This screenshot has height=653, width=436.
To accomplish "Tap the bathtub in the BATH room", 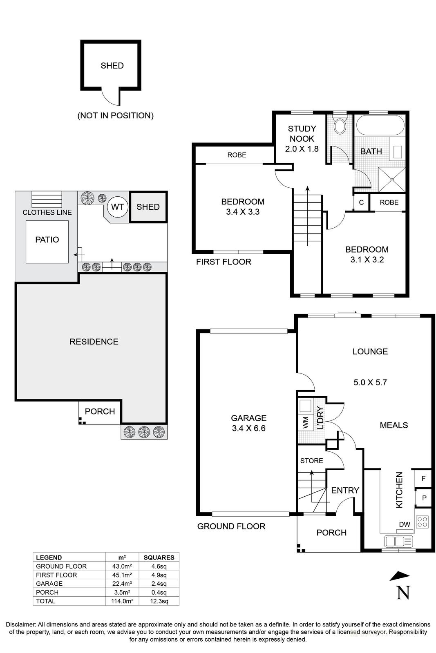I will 380,125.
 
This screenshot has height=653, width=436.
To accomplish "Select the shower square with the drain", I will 392,179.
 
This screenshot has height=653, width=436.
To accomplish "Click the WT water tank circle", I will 118,207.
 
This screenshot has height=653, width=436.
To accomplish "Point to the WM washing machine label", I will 305,423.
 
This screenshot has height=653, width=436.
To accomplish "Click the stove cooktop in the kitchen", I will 422,522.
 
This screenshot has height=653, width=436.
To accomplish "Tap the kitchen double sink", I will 399,542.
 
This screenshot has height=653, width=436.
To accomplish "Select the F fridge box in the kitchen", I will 423,478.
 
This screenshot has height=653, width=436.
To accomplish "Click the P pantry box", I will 424,498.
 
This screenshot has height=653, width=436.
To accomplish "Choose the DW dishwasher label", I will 404,524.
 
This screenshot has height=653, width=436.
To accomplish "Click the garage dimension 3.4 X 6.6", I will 248,428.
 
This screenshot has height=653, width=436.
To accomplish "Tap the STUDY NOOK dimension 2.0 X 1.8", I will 302,149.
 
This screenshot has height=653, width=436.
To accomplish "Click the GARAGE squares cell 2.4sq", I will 159,584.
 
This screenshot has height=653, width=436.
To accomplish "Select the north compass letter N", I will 403,593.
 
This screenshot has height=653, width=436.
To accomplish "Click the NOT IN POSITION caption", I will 116,115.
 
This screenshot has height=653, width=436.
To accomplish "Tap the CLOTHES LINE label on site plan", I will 47,212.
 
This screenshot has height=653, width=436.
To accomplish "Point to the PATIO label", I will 47,240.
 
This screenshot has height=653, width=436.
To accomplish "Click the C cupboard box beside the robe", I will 361,202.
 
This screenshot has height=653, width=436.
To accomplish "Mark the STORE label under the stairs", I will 311,461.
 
